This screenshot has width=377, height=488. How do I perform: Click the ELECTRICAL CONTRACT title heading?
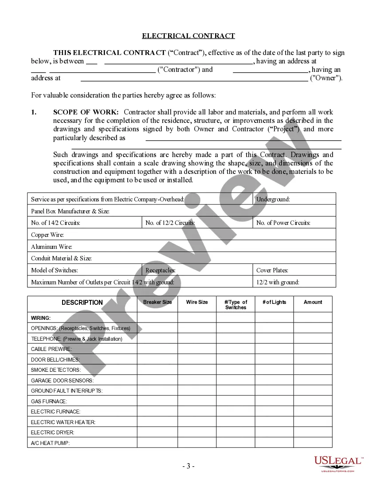[x=188, y=36]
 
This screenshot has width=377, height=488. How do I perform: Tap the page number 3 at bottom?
[x=188, y=466]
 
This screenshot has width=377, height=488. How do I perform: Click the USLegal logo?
[x=338, y=463]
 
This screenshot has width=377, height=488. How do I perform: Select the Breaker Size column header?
[x=157, y=302]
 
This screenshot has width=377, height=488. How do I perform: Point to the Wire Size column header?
[x=197, y=302]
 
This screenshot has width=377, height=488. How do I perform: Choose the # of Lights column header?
[x=274, y=302]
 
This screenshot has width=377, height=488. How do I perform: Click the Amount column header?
[x=313, y=302]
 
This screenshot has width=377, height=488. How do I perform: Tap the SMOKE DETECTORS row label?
[x=56, y=370]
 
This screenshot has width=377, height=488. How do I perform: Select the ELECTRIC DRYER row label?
[x=52, y=432]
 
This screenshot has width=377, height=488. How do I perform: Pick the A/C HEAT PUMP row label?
[x=51, y=443]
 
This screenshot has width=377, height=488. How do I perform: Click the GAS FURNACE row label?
[x=49, y=401]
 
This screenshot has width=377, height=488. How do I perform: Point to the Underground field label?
[x=273, y=199]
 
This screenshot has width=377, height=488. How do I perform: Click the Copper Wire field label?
[x=47, y=235]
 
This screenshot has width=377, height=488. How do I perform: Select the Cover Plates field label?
[x=272, y=270]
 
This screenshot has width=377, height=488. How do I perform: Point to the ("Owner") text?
[x=326, y=78]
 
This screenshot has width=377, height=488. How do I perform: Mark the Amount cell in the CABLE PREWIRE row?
[x=313, y=349]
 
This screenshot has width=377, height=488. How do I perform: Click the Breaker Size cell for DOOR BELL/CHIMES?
[x=157, y=359]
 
